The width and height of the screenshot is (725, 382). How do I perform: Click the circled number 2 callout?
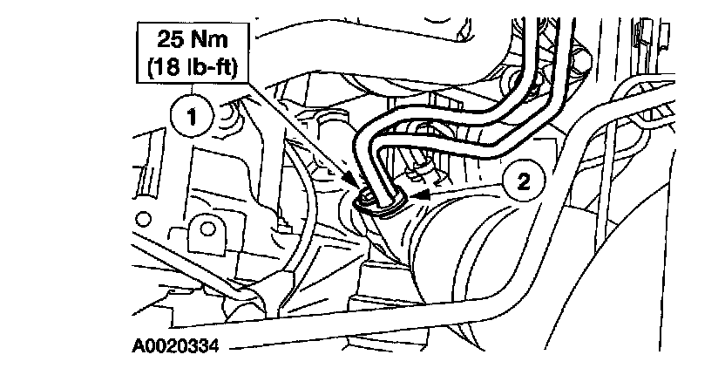[522, 181]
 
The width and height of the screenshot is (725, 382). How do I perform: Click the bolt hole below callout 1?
[206, 229]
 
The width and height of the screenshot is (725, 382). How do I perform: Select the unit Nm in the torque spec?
[208, 41]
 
